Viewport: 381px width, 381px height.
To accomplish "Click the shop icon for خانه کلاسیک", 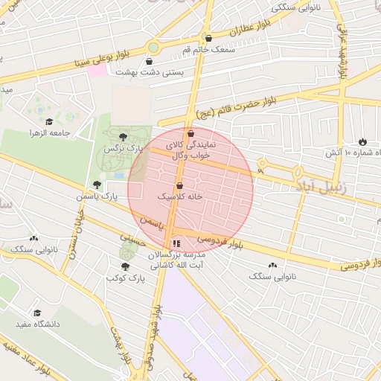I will [x=179, y=186].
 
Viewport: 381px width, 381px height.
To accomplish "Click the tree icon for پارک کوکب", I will [x=124, y=266].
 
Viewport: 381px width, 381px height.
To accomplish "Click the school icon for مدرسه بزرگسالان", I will [x=176, y=243].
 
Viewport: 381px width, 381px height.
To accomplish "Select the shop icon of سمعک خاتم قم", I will [x=208, y=38].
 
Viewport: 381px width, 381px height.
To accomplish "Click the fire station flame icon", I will [x=362, y=141].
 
